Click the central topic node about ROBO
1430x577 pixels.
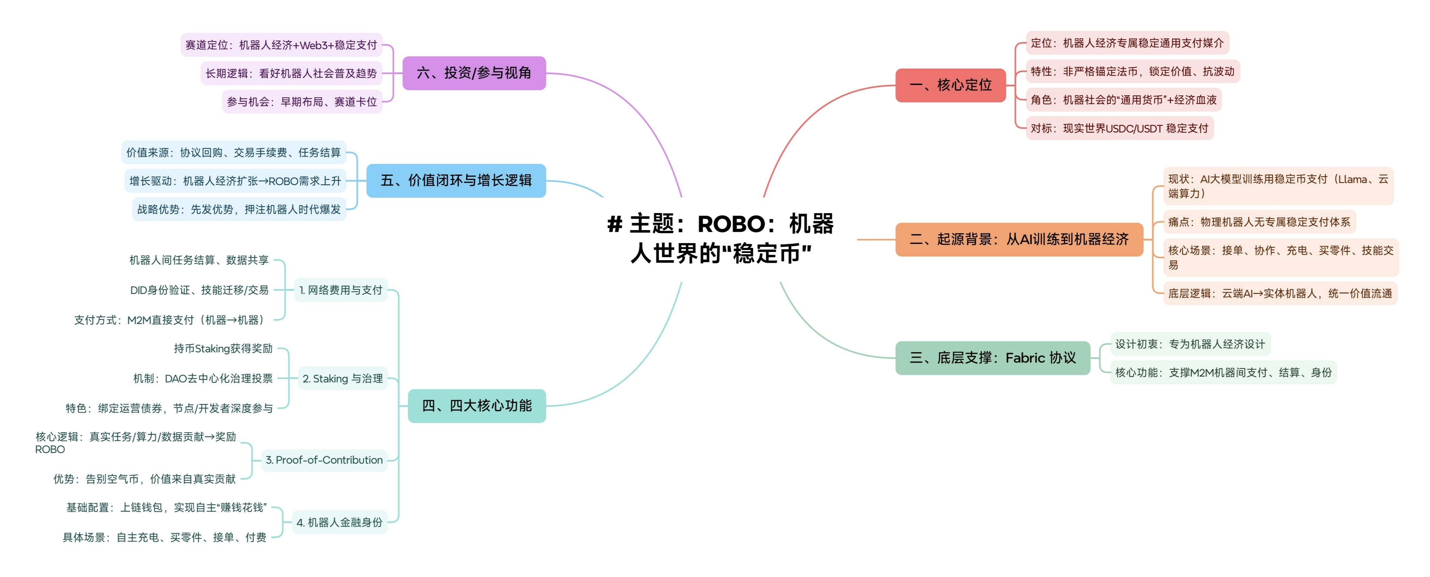(720, 238)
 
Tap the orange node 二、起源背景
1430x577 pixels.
(1019, 239)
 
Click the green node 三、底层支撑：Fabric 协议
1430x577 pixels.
(992, 358)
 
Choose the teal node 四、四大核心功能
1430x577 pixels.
(476, 406)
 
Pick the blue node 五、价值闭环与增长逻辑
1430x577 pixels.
(456, 181)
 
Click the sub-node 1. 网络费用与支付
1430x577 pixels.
(340, 290)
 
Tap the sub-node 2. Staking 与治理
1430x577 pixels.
(343, 379)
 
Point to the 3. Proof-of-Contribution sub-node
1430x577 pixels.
(324, 460)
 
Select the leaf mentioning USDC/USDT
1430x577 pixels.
(1119, 128)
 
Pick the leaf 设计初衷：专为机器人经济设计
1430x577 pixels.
(1190, 344)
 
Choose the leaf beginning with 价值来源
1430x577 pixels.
(233, 152)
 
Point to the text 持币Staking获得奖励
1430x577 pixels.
(223, 348)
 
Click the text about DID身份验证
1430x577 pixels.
(199, 290)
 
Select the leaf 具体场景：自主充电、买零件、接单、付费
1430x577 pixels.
(164, 537)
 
